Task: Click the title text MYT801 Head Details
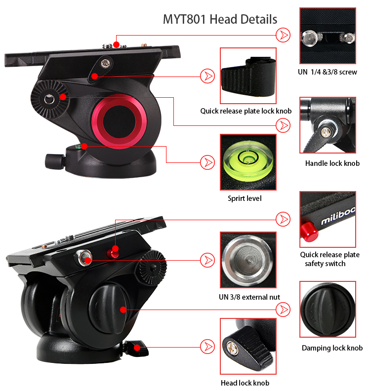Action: click(220, 19)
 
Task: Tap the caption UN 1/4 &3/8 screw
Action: click(328, 72)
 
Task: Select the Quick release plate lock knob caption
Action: click(246, 111)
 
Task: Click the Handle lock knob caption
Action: click(332, 163)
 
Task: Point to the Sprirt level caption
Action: click(245, 198)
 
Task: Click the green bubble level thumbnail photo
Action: click(248, 162)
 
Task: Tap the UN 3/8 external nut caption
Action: click(249, 297)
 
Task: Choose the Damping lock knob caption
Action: click(332, 348)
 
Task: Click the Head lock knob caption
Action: click(245, 383)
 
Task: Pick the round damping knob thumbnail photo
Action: click(328, 309)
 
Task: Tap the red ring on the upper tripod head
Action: click(119, 121)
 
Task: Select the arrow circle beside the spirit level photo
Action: click(207, 162)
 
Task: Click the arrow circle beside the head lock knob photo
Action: click(207, 347)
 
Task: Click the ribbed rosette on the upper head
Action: click(49, 99)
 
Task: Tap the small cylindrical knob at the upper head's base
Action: click(55, 161)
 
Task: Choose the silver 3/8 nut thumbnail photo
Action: click(248, 260)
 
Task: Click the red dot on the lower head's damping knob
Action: click(123, 310)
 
